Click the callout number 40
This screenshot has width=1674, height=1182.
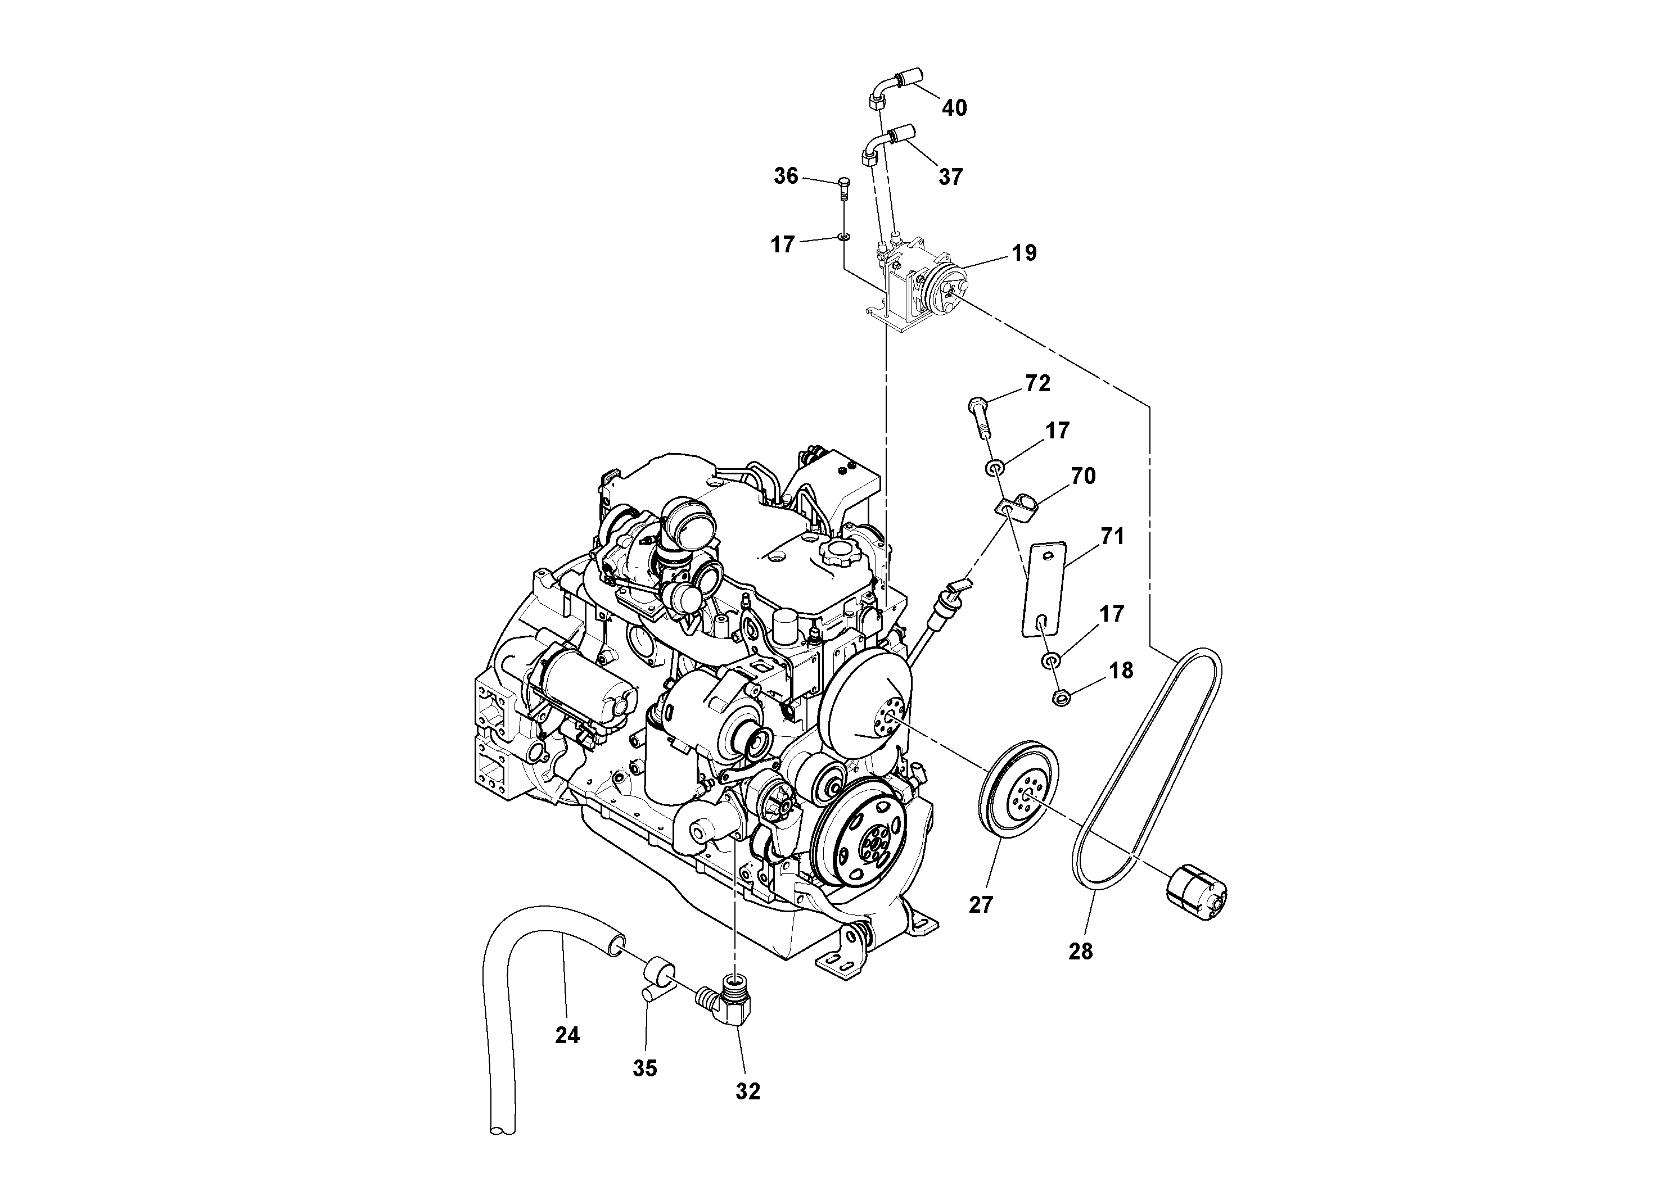tap(954, 108)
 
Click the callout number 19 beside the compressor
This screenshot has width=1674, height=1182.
tap(1023, 253)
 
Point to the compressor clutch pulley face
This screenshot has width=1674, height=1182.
tap(946, 286)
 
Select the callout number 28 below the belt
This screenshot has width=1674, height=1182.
tap(1081, 951)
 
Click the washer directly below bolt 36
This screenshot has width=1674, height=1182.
tap(844, 236)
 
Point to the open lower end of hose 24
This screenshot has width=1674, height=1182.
tap(502, 1150)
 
